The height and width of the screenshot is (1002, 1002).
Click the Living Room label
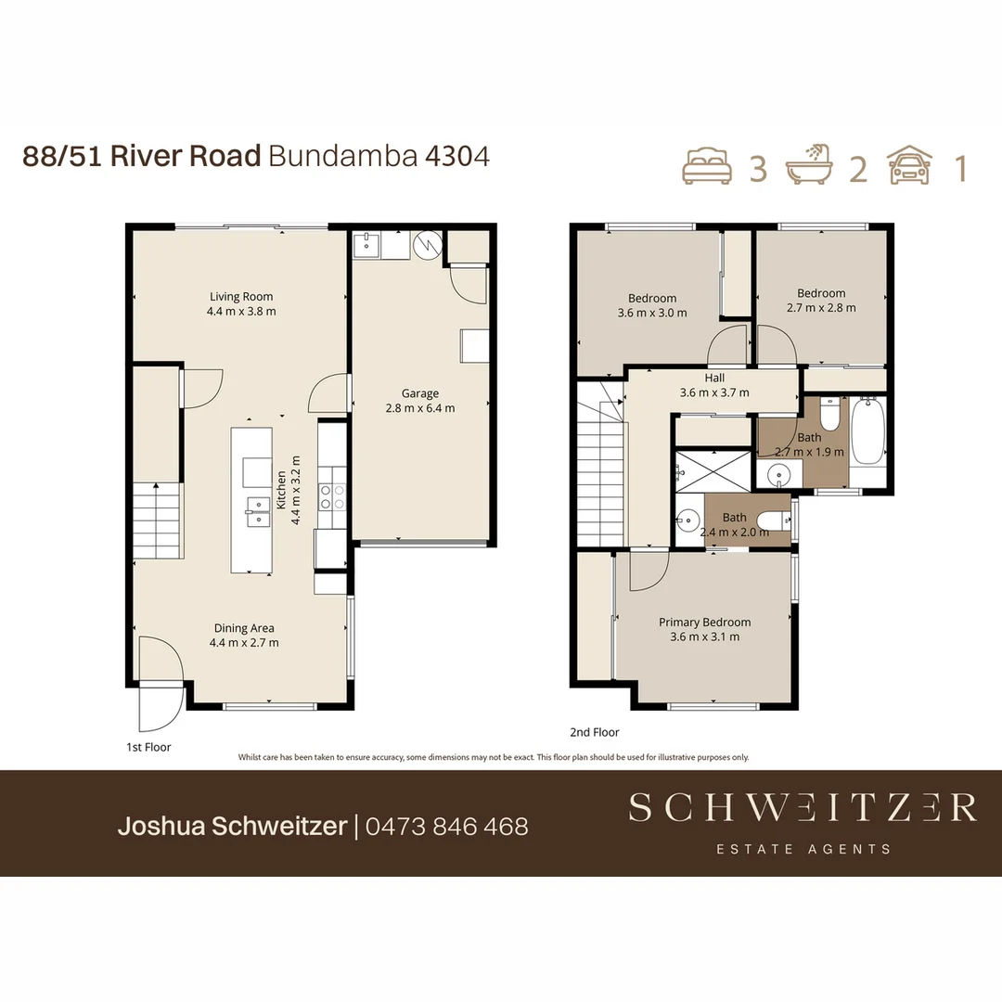tap(240, 297)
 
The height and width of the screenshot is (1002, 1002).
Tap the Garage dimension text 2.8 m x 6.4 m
tap(420, 407)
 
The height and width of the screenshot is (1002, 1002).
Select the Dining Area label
tap(244, 628)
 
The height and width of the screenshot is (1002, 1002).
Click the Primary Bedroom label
tap(704, 623)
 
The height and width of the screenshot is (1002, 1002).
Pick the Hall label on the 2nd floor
tap(714, 379)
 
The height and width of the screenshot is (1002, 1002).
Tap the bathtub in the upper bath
tap(868, 431)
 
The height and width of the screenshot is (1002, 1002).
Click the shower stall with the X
tap(713, 469)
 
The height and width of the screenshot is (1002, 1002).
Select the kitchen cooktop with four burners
tap(332, 497)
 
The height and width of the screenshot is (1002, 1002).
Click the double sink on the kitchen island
tap(257, 510)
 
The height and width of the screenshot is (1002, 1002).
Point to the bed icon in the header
tap(707, 167)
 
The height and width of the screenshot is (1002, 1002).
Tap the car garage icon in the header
tap(909, 167)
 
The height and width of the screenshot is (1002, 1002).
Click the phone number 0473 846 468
tap(447, 826)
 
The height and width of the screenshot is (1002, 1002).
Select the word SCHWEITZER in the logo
tap(802, 808)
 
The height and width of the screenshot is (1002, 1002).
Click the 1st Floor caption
tap(148, 747)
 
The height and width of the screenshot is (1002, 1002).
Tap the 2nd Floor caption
tap(595, 732)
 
